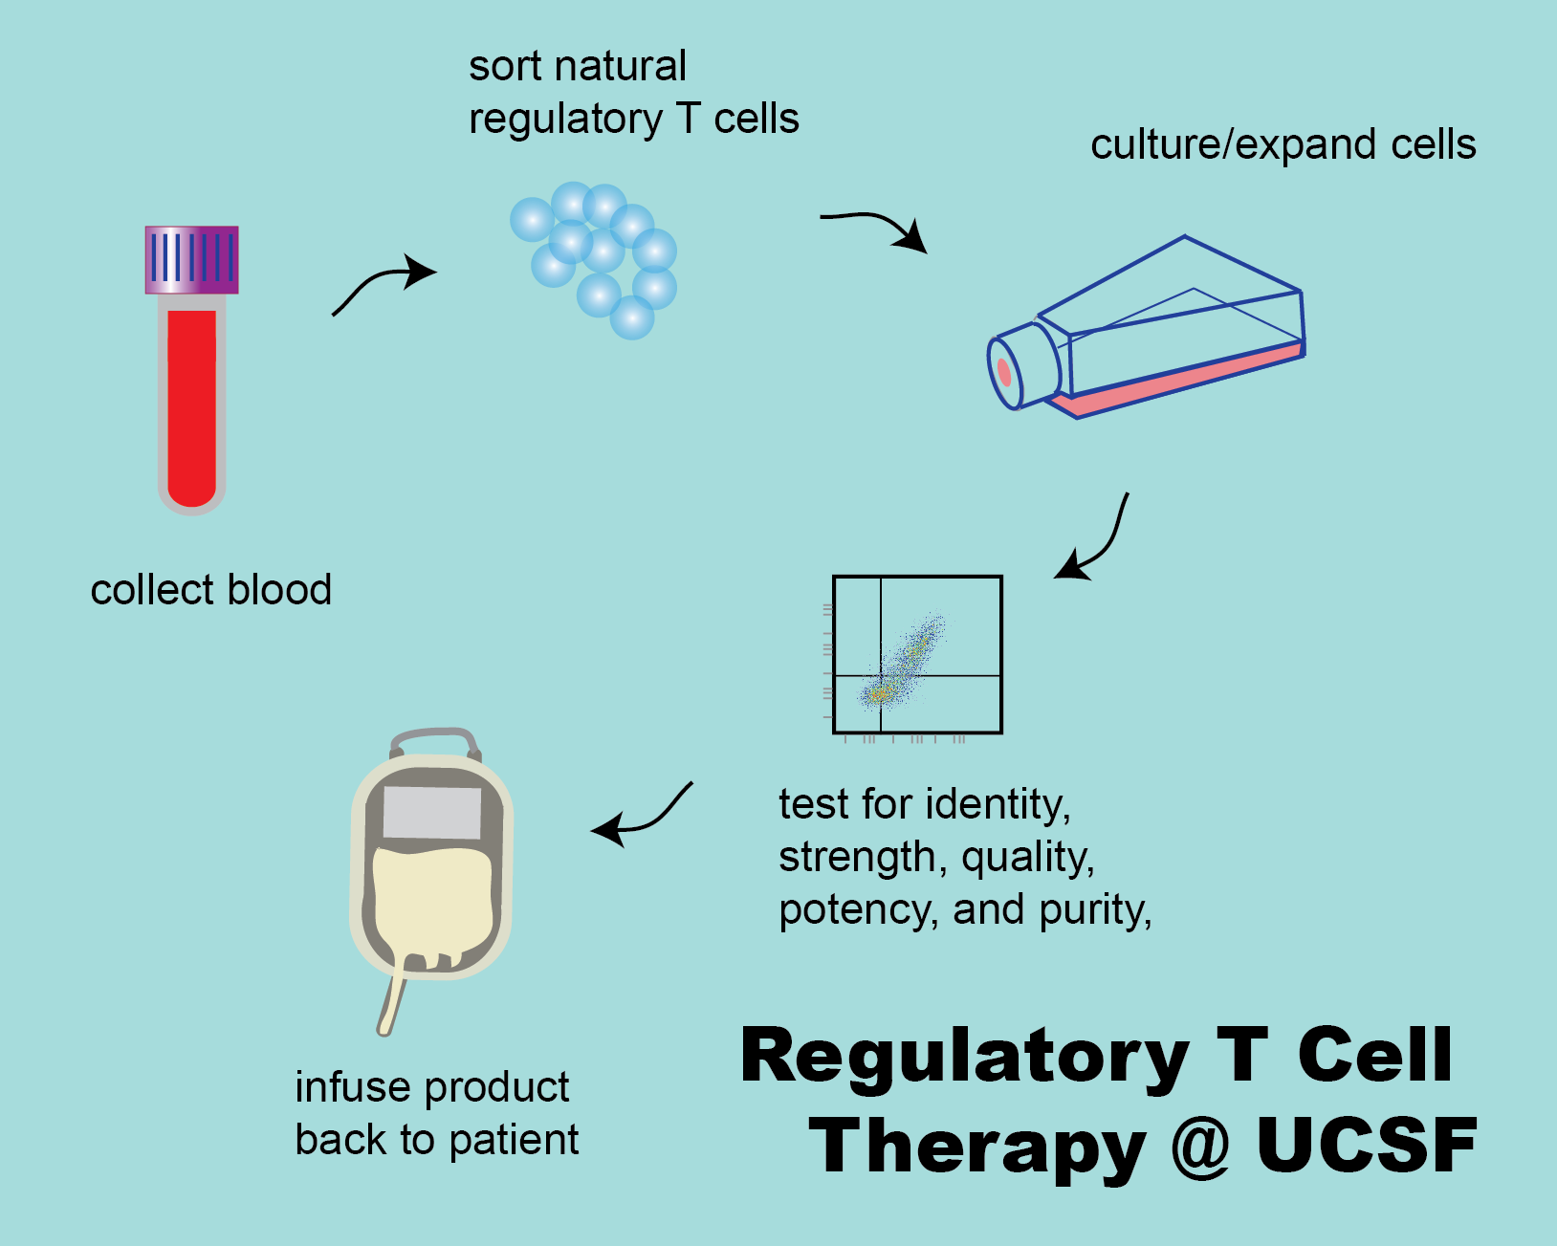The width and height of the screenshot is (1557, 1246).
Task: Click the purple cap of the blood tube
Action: [x=191, y=259]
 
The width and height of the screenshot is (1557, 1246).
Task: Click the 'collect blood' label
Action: [x=210, y=590]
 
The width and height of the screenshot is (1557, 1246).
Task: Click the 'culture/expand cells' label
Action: [x=1283, y=145]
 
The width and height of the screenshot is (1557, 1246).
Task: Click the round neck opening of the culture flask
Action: [x=1005, y=371]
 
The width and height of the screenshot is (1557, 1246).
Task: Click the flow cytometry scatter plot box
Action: [x=917, y=655]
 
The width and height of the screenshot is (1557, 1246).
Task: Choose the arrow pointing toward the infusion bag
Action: [x=646, y=818]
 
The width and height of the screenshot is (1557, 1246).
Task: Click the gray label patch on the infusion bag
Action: [x=432, y=813]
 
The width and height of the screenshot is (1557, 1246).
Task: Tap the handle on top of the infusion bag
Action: [x=434, y=738]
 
